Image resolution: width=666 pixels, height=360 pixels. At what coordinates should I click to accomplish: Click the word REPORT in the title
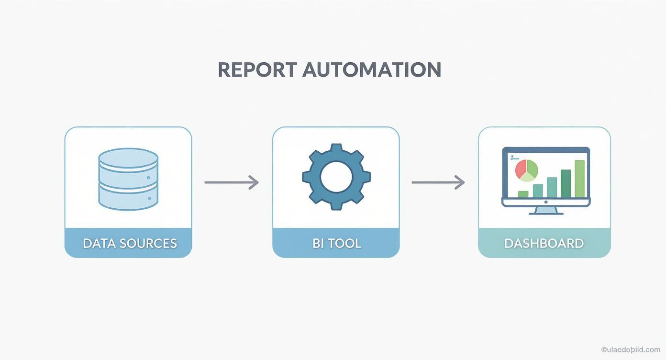click(x=256, y=70)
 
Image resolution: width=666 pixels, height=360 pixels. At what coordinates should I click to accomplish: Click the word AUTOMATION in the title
click(x=372, y=70)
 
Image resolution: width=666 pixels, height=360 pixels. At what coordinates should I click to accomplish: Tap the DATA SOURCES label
click(x=129, y=243)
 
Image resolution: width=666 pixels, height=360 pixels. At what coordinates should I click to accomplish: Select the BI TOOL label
click(x=336, y=243)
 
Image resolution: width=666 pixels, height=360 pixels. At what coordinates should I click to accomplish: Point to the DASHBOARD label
click(x=544, y=243)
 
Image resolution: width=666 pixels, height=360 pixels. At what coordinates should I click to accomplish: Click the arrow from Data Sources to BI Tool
click(x=232, y=182)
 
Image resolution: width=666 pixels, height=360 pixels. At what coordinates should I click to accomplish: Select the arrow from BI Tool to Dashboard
click(x=438, y=182)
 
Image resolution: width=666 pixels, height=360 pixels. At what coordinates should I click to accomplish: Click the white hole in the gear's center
click(x=336, y=177)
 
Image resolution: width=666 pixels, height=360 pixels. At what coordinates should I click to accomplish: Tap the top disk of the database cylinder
click(x=128, y=157)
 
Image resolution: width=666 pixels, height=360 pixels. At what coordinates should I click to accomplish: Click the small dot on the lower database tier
click(x=149, y=198)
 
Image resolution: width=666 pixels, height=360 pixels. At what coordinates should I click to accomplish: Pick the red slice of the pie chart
click(x=522, y=168)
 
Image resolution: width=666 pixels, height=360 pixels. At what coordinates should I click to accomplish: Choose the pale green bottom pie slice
click(x=526, y=177)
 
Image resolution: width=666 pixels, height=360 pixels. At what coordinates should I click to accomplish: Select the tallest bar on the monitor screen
click(x=579, y=179)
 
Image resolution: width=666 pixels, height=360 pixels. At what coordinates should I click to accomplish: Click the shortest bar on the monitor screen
click(x=523, y=194)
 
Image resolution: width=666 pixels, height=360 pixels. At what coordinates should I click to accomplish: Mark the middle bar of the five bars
click(x=552, y=187)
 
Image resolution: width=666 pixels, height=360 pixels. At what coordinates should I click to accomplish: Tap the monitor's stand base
click(x=546, y=212)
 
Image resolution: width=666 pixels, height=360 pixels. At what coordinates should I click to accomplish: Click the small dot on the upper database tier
click(x=148, y=178)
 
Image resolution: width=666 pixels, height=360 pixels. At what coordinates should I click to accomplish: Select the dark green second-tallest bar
click(x=566, y=183)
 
